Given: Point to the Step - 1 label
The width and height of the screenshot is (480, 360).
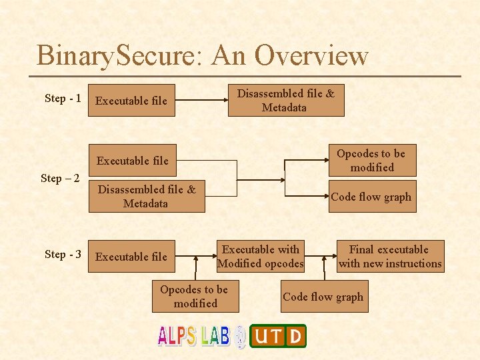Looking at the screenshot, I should click(63, 99).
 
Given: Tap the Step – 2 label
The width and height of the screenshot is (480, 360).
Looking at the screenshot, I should click(60, 178).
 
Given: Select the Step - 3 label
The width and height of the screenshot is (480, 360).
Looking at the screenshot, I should click(63, 255).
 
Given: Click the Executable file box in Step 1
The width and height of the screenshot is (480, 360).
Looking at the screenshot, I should click(132, 101).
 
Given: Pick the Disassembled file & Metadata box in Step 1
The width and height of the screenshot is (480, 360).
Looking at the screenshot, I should click(286, 101).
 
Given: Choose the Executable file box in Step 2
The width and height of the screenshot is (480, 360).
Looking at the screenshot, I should click(133, 161).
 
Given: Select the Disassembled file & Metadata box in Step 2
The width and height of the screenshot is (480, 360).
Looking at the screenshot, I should click(147, 197).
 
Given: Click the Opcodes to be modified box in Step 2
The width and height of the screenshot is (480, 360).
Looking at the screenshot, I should click(372, 161).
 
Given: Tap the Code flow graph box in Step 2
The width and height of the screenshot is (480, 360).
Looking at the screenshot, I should click(371, 197).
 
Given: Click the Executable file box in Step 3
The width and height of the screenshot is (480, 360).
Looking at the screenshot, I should click(132, 257).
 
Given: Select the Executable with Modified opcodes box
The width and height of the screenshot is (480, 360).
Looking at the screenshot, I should click(261, 257).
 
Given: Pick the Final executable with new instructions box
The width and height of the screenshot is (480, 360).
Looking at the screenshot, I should click(390, 257).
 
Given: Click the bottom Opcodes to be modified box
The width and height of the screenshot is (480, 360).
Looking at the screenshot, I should click(195, 297).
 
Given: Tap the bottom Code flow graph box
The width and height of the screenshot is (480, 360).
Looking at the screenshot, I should click(323, 297).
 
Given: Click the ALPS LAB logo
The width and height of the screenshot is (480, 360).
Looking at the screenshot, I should click(194, 335).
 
